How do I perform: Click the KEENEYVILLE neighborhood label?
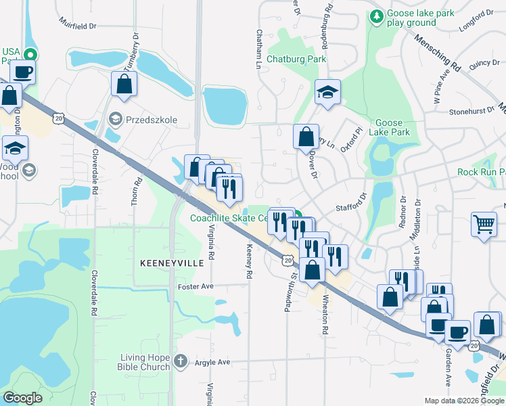pos(172,262)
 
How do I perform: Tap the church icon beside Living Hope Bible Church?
pos(180,361)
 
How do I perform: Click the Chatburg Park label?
pos(296,59)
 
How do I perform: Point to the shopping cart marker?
pos(484,224)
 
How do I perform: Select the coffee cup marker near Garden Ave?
pos(457,332)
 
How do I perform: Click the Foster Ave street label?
pos(195,287)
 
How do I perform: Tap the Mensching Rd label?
pos(439,58)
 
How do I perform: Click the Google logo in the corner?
pos(23,398)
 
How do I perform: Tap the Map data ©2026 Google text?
pos(463,401)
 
